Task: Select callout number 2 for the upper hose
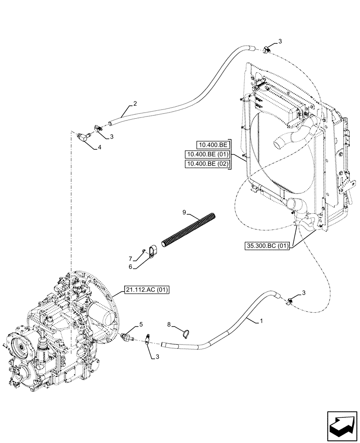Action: pos(135,104)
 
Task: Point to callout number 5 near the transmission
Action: pos(141,325)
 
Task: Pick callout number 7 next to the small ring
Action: pos(130,258)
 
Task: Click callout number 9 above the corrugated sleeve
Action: pos(184,212)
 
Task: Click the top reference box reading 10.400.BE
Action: pos(213,144)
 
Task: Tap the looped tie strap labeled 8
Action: pos(187,331)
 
